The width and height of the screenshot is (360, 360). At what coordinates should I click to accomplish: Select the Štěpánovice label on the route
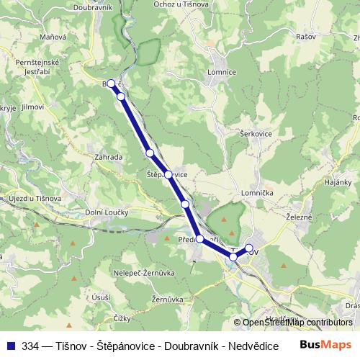[167, 174]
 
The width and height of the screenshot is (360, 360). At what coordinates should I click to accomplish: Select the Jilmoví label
[34, 107]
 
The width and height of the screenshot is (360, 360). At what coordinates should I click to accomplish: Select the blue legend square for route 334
[11, 346]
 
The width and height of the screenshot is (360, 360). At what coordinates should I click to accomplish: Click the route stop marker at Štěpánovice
[168, 174]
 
